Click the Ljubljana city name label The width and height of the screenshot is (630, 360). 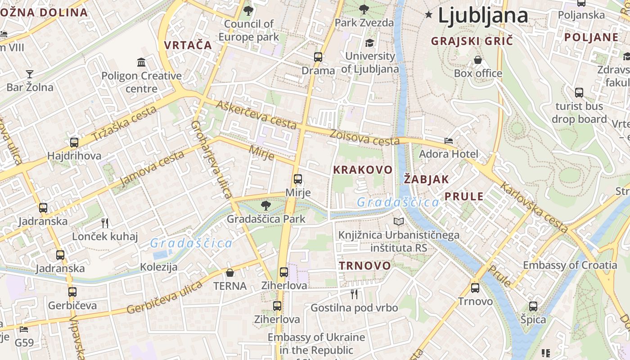click(x=482, y=15)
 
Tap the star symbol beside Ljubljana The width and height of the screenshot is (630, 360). click(x=429, y=15)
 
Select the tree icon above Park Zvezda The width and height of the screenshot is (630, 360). click(x=364, y=9)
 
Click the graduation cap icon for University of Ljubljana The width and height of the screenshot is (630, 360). click(x=369, y=43)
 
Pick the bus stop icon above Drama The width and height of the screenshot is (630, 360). click(x=318, y=57)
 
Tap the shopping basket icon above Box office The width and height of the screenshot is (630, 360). click(x=478, y=60)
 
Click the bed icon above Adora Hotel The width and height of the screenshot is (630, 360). click(x=449, y=141)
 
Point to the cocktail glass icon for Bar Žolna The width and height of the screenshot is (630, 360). click(x=30, y=74)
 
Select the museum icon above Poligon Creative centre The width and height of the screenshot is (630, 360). click(x=141, y=62)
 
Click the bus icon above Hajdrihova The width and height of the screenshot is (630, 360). click(x=74, y=143)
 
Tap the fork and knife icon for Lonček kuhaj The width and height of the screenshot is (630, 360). click(x=105, y=223)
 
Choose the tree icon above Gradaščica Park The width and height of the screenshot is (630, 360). click(x=266, y=206)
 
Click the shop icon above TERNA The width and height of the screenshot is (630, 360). click(x=230, y=273)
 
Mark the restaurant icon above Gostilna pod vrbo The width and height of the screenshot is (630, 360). click(x=354, y=294)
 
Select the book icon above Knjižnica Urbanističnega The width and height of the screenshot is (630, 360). click(x=399, y=221)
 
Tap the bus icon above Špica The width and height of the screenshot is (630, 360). click(x=533, y=306)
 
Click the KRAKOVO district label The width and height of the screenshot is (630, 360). click(x=363, y=170)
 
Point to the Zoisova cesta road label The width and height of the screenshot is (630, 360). click(x=364, y=138)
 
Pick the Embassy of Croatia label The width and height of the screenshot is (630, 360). click(x=570, y=265)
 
